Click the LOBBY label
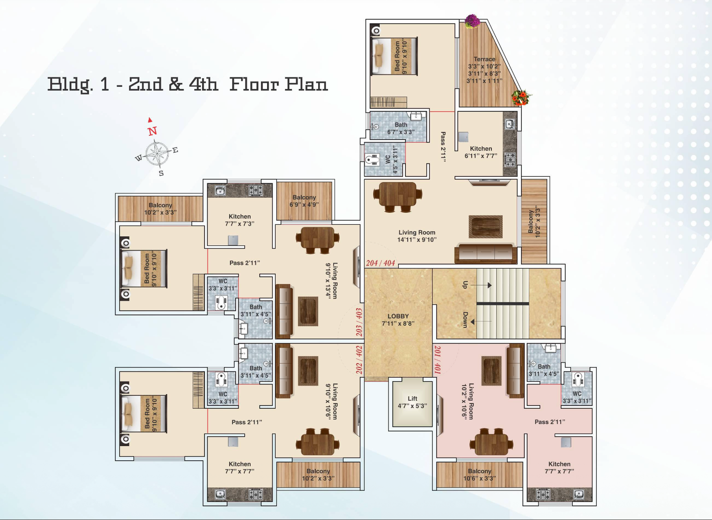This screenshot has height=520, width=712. (398, 319)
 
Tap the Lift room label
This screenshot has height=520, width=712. (412, 402)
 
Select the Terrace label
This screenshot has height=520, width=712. (484, 70)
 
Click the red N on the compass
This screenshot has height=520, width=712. (153, 131)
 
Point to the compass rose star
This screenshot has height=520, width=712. (158, 154)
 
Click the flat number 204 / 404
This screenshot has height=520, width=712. (380, 263)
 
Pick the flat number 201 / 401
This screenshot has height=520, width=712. (438, 359)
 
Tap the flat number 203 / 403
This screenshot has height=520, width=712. (359, 322)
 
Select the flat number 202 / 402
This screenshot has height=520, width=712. (359, 359)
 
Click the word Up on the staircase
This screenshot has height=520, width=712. (465, 285)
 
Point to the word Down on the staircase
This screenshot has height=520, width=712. (465, 319)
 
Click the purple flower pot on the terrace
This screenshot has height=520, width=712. (472, 21)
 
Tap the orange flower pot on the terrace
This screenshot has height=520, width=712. (521, 97)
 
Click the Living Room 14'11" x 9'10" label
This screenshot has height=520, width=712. (417, 236)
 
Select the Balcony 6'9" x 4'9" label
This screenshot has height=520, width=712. (304, 201)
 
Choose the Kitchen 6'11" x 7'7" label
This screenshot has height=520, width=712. (481, 152)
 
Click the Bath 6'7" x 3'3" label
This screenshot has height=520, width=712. (401, 129)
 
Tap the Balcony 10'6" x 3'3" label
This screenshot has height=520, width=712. (480, 475)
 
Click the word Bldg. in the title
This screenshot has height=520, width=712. (70, 85)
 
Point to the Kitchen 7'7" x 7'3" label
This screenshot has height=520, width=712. (240, 220)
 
